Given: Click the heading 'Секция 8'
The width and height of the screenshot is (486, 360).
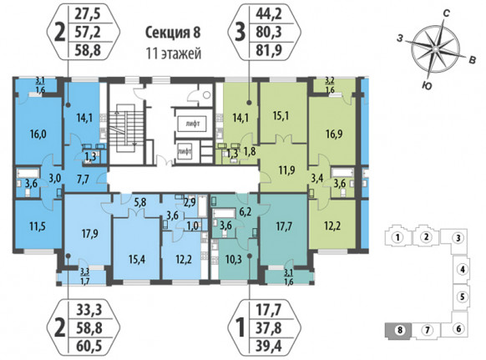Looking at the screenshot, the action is click(173, 33).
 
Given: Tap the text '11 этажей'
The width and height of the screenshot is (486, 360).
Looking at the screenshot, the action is click(174, 53).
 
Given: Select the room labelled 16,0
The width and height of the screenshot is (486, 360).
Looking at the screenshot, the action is click(38, 134).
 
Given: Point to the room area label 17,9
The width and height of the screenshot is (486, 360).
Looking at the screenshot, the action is click(90, 233).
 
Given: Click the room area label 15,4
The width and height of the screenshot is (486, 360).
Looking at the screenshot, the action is click(137, 259).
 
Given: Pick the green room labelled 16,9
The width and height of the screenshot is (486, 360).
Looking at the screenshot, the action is click(334, 134).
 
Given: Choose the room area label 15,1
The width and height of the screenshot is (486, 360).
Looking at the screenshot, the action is click(281, 117).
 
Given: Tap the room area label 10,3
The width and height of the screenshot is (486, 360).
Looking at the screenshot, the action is click(233, 259).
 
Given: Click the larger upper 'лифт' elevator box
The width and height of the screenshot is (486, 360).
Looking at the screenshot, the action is click(192, 124).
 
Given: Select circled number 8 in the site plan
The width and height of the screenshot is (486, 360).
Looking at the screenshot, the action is click(400, 330).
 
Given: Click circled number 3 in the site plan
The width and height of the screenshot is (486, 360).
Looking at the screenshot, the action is click(458, 238).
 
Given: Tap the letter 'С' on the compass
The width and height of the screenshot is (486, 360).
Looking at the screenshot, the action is click(446, 13).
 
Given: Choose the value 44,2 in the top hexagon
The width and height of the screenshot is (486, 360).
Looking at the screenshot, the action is click(269, 14).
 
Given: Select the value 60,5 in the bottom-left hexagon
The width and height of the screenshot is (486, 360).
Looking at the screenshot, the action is click(89, 346).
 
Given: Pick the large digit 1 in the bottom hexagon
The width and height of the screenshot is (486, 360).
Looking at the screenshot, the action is click(240, 328).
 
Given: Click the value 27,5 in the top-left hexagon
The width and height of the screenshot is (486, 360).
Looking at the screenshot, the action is click(88, 14).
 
